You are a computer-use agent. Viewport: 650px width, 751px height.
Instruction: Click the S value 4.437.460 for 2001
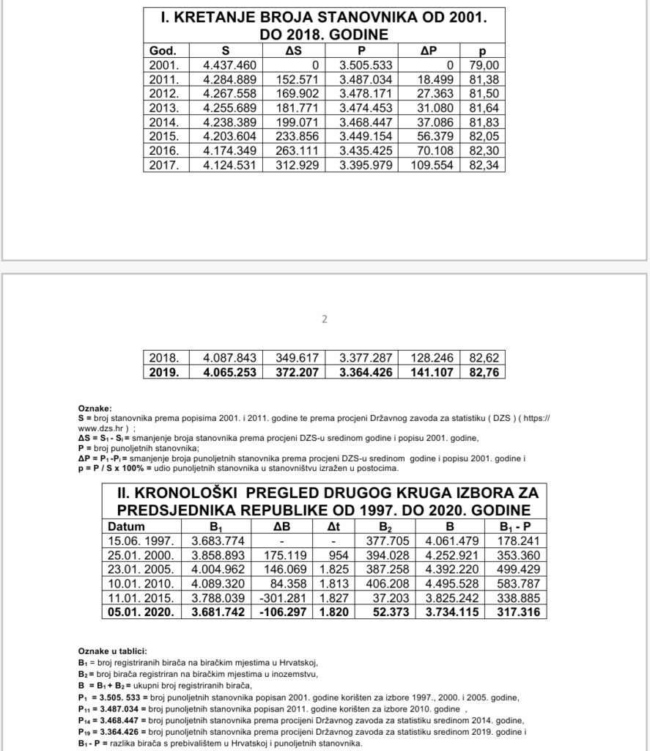pyautogui.click(x=231, y=65)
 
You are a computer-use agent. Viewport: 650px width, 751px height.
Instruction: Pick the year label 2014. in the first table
pyautogui.click(x=163, y=122)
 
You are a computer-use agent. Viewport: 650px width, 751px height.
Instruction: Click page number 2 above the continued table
pyautogui.click(x=325, y=319)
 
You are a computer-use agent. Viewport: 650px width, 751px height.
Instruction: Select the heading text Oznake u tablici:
pyautogui.click(x=112, y=651)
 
